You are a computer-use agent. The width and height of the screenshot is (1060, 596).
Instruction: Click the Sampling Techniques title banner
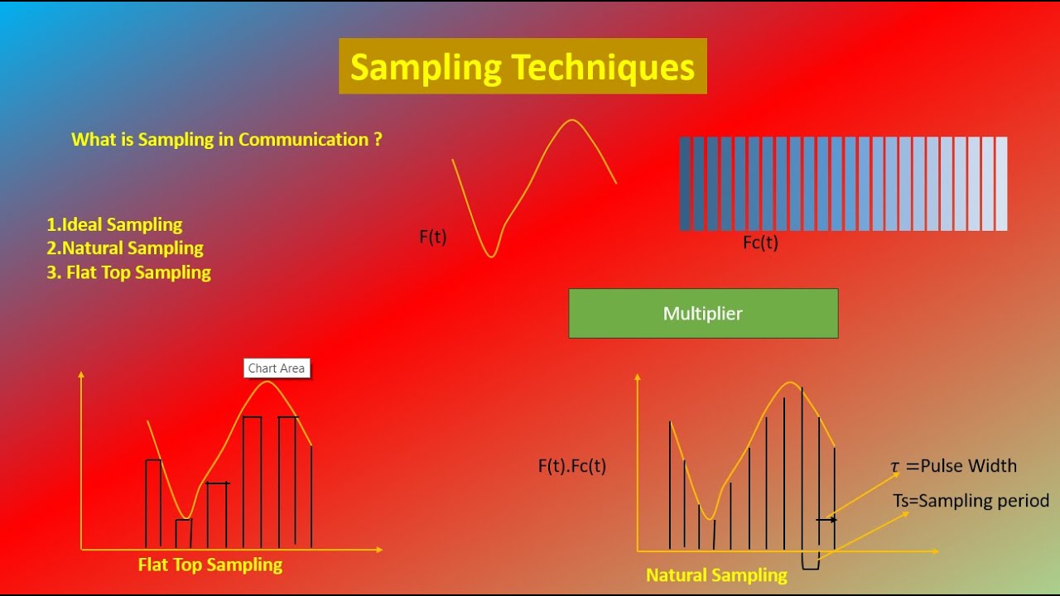pos(523,66)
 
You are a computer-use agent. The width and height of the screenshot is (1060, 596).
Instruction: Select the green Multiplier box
pos(703,314)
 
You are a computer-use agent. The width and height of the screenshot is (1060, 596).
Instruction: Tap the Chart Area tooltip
pos(277,368)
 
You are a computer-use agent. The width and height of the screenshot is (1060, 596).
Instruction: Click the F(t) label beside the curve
pos(433,238)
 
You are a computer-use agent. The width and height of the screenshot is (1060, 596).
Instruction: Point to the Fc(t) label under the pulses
pos(760,243)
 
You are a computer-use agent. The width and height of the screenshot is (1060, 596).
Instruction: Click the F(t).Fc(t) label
pos(572,466)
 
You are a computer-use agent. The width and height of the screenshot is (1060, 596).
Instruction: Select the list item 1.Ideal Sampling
pos(114,224)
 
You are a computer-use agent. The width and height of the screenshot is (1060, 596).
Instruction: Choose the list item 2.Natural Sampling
pos(125,248)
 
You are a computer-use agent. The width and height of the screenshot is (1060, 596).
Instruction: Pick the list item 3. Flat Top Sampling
pos(128,272)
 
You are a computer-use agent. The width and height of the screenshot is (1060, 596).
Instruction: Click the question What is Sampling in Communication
pos(227,140)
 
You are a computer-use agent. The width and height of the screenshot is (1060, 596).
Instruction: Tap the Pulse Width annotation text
pos(953,466)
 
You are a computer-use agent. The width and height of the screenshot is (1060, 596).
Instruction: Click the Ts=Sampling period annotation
pos(971,501)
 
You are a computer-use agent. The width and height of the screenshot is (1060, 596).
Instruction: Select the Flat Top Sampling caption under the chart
pos(210,565)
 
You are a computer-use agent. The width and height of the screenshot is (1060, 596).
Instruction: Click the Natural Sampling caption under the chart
pos(716,575)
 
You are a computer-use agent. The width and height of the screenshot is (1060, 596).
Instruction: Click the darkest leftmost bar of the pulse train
pos(685,184)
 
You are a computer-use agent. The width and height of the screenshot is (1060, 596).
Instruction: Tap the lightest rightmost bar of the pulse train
pos(1001,184)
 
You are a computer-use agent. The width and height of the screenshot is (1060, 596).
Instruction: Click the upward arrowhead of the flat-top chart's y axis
pos(81,375)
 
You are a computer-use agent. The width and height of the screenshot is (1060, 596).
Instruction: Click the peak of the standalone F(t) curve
pos(571,121)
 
